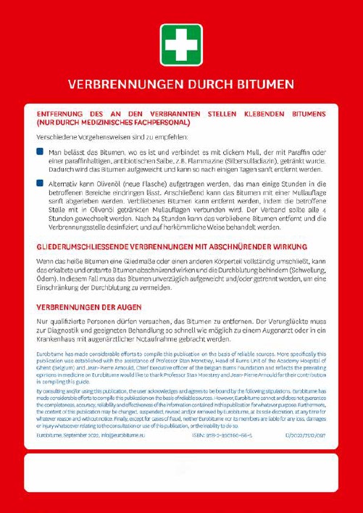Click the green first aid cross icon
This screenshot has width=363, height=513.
pyautogui.click(x=181, y=45)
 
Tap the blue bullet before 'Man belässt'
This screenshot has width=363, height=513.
pyautogui.click(x=40, y=152)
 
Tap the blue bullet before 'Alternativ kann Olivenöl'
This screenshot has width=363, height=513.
pyautogui.click(x=40, y=184)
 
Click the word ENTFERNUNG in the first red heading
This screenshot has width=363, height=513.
pyautogui.click(x=61, y=114)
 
